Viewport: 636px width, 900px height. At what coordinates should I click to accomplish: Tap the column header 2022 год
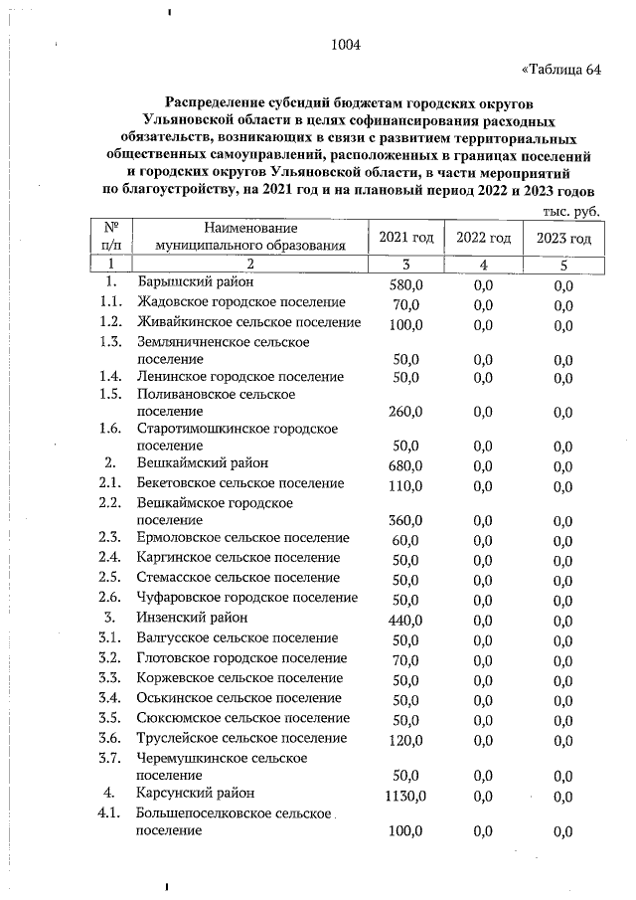pos(483,239)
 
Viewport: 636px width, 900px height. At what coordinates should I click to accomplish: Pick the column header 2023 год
pos(563,239)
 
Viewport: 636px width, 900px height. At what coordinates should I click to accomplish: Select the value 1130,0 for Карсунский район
pos(405,796)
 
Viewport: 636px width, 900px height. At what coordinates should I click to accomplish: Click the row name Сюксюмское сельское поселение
pos(242,718)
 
